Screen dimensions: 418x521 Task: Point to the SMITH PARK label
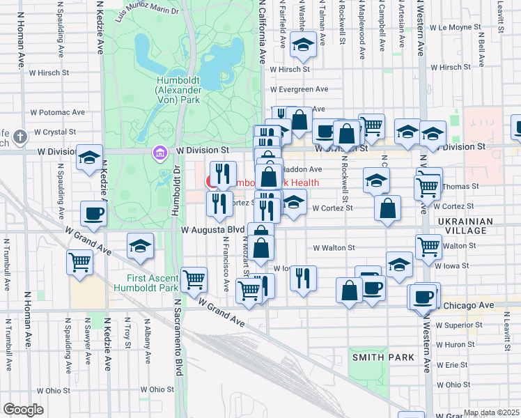pyautogui.click(x=383, y=357)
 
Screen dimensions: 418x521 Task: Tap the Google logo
pyautogui.click(x=24, y=410)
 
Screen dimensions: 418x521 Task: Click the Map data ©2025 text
pyautogui.click(x=491, y=412)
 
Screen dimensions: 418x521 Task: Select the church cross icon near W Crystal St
pyautogui.click(x=22, y=136)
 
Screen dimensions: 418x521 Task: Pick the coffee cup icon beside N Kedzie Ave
pyautogui.click(x=93, y=213)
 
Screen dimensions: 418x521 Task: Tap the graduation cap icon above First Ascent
pyautogui.click(x=140, y=246)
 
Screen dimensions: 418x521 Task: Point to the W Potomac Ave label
pyautogui.click(x=57, y=111)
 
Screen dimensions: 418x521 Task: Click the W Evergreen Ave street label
pyautogui.click(x=300, y=89)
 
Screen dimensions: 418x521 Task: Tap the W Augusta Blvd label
pyautogui.click(x=212, y=229)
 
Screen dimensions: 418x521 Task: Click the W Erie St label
pyautogui.click(x=452, y=364)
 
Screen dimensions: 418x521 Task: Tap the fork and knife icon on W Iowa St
pyautogui.click(x=302, y=277)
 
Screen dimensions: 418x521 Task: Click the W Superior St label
pyautogui.click(x=459, y=325)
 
